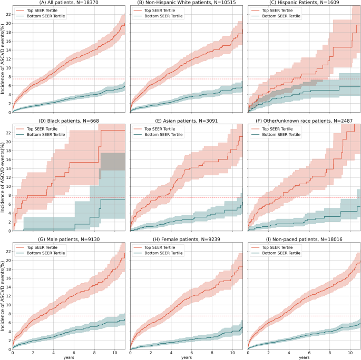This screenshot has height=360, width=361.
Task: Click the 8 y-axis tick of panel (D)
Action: click(9, 195)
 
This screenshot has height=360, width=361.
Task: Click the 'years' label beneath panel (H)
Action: click(186, 358)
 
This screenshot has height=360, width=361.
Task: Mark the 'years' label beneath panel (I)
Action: click(304, 358)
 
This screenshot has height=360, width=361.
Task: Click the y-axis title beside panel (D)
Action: click(3, 177)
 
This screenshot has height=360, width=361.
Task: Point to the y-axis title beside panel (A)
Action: click(3, 58)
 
